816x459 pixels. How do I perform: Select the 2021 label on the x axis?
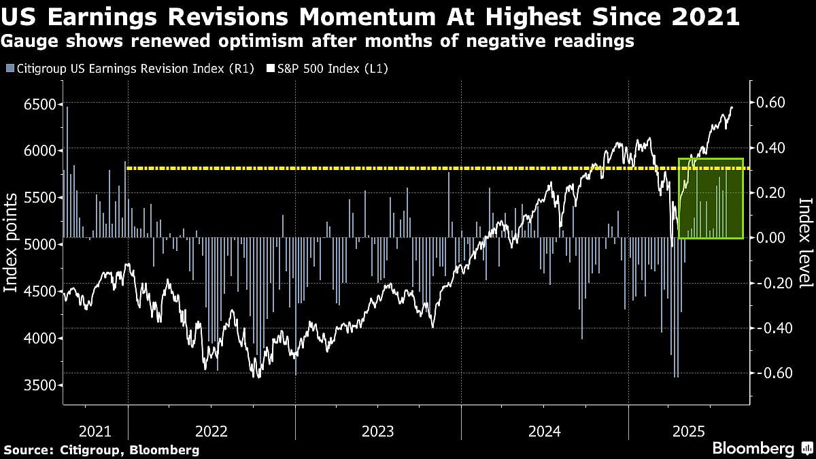tap(95, 430)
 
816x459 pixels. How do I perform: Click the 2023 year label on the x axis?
tap(378, 430)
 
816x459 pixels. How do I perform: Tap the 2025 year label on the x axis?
tap(687, 430)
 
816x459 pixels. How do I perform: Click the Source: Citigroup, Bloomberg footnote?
tap(101, 449)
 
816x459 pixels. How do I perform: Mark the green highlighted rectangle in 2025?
tap(711, 199)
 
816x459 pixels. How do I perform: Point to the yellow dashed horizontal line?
tap(408, 167)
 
